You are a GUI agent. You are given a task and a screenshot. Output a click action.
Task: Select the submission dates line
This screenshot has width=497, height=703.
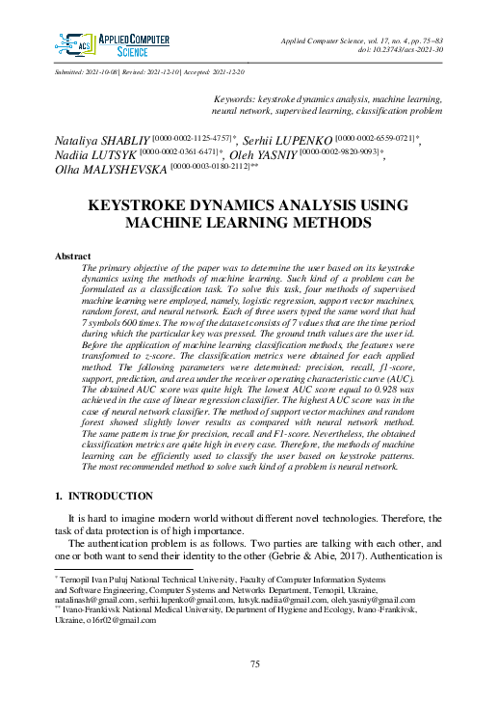pyautogui.click(x=149, y=72)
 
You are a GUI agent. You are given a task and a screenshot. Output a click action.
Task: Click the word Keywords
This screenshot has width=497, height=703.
pyautogui.click(x=236, y=99)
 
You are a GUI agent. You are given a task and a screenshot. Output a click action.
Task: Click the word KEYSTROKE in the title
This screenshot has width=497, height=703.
pyautogui.click(x=143, y=205)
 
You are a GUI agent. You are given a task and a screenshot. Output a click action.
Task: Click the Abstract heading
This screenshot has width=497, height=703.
pyautogui.click(x=74, y=257)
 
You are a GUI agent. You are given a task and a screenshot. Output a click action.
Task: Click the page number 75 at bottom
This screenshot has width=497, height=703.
pyautogui.click(x=255, y=664)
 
